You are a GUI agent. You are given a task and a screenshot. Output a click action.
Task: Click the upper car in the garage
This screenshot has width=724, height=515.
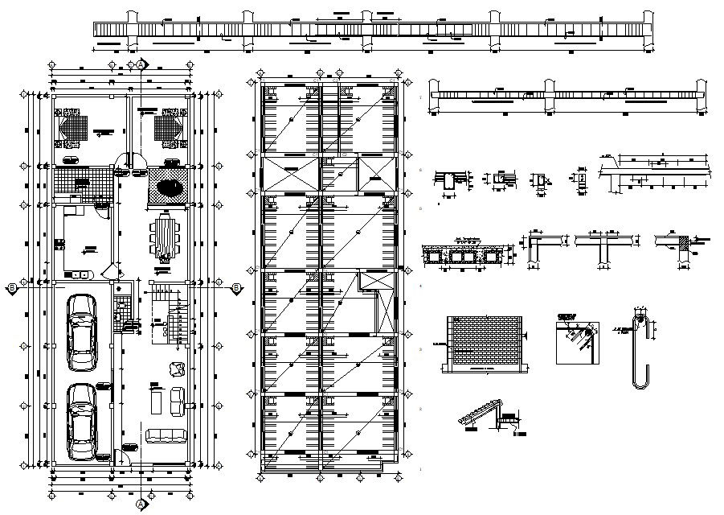point(81,332)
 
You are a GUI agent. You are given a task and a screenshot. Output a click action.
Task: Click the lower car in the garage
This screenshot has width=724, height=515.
point(81,421)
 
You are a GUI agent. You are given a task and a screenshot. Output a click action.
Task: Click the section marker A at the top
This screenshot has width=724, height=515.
point(141,64)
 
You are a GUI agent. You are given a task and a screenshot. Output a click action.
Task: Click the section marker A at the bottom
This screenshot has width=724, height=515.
point(141,504)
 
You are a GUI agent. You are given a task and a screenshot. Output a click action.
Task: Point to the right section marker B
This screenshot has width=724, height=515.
point(236,287)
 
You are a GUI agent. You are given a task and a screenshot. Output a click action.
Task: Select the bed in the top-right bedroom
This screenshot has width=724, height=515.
point(170,127)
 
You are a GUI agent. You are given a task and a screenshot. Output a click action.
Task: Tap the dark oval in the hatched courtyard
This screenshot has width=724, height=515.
point(170,187)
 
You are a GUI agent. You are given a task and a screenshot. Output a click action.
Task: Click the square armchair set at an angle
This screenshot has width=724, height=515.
point(174,369)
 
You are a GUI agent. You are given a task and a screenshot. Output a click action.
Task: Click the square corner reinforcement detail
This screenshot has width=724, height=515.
point(578,339)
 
